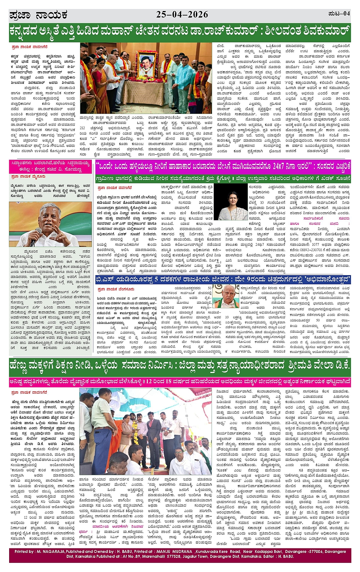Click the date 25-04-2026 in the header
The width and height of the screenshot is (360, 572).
[182, 14]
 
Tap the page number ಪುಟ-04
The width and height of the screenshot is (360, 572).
[339, 14]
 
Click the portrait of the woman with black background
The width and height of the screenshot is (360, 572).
[231, 202]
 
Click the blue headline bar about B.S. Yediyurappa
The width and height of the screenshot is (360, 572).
[222, 280]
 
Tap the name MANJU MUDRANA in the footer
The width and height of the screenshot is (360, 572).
[173, 551]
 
